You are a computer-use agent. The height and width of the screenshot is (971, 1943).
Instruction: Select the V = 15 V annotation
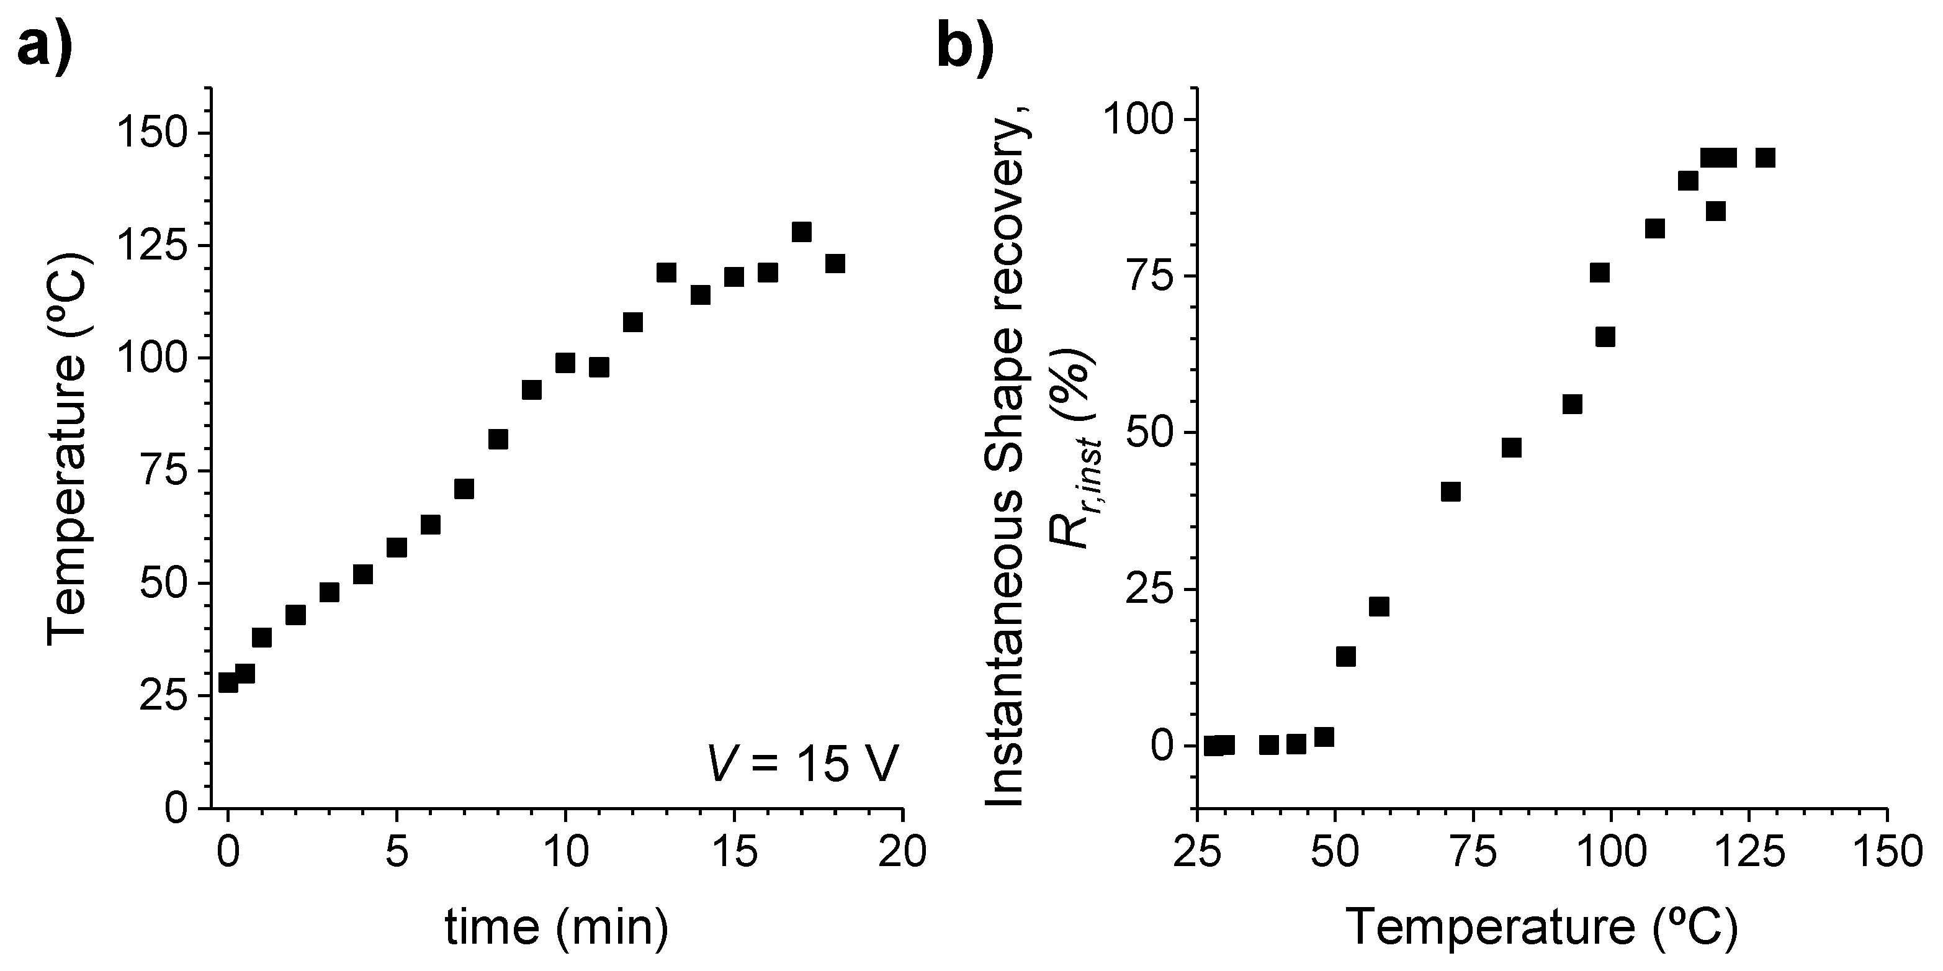coord(802,764)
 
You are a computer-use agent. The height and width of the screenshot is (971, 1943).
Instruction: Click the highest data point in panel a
coord(801,232)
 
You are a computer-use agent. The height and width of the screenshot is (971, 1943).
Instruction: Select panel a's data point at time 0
coord(228,682)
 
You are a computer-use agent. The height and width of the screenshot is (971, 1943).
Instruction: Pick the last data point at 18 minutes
coord(834,263)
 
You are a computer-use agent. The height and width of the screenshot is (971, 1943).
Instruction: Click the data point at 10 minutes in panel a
coord(565,363)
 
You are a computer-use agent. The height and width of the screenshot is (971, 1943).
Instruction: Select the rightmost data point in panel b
coord(1765,158)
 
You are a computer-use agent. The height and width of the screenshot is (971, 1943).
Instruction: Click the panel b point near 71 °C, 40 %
coord(1450,492)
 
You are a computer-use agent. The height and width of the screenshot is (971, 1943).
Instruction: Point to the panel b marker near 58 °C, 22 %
coord(1379,607)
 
